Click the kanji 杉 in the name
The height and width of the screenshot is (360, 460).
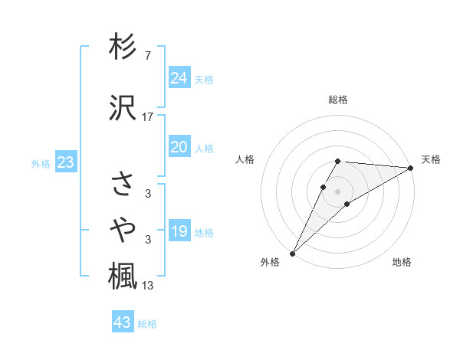point(123,47)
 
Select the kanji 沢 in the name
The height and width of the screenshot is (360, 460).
point(123,107)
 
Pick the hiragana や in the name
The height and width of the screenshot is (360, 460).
point(123,230)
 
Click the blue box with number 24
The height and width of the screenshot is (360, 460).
point(179,78)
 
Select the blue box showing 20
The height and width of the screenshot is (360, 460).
point(179,148)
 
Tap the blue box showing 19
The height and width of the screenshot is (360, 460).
point(179,231)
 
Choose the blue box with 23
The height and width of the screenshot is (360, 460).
point(65,163)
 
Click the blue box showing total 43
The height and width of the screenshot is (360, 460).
point(123,322)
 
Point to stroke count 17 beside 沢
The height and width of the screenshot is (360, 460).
point(148,116)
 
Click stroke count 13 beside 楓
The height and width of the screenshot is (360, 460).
point(148,286)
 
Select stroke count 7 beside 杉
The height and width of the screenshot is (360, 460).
point(148,55)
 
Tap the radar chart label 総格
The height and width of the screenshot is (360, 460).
point(338,100)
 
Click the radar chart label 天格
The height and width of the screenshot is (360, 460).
point(432,159)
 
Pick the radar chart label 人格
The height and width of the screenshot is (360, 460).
point(245,159)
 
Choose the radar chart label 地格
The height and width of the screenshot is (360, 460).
point(402,263)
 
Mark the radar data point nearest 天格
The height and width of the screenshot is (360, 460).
point(411,168)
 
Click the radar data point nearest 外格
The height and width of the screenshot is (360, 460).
point(292,254)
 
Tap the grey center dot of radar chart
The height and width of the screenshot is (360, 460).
point(338,191)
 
